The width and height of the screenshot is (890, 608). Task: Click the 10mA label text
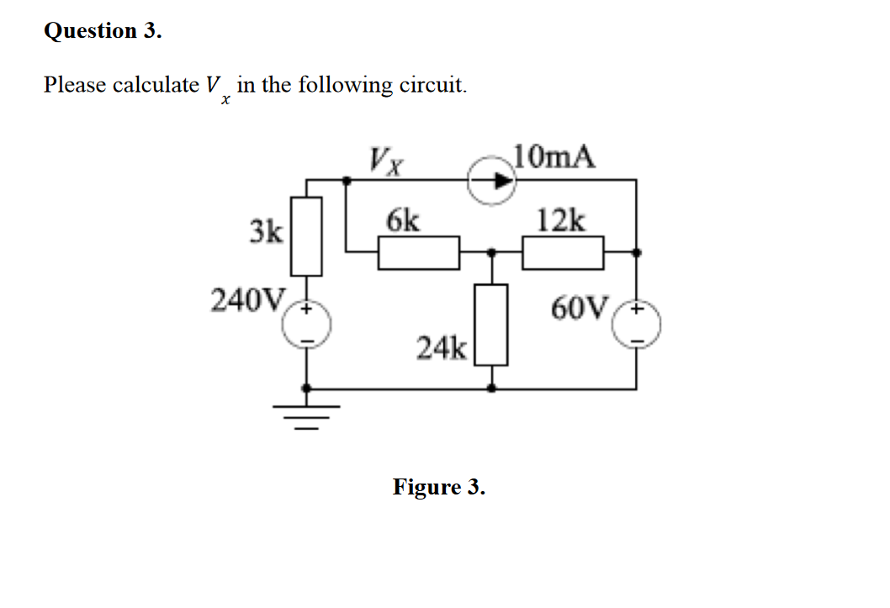point(554,156)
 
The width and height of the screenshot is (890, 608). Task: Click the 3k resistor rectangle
point(306,235)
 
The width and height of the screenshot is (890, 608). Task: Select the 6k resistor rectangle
point(418,252)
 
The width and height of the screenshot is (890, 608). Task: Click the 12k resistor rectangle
point(563,252)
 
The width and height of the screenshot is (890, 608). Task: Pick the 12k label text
point(562,220)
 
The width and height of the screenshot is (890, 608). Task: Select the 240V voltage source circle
point(306,325)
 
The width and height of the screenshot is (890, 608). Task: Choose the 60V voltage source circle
point(636,325)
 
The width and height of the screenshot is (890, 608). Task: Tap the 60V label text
point(578,309)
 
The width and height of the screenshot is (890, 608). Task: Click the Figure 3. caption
point(438,487)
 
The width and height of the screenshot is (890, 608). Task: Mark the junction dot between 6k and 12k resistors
point(492,251)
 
